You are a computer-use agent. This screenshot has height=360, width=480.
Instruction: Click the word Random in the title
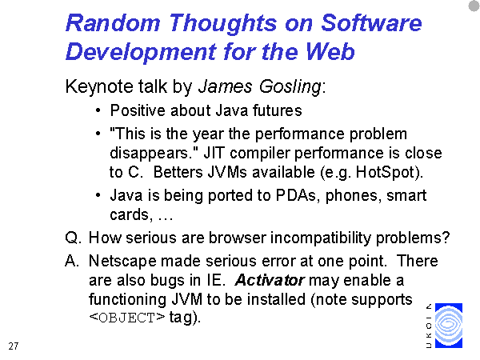[113, 23]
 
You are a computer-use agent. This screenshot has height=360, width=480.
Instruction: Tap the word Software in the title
[371, 23]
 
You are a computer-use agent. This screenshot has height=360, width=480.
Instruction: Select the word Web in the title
[330, 51]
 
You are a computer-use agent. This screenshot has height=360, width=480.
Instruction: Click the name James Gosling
[260, 86]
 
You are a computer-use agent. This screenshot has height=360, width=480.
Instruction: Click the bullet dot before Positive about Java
[98, 110]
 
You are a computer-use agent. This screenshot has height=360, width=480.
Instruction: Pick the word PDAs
[296, 195]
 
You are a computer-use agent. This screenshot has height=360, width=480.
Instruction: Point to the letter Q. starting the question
[73, 238]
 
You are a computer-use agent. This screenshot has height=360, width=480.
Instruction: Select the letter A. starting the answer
[72, 261]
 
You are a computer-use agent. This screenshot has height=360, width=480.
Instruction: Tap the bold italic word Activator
[270, 280]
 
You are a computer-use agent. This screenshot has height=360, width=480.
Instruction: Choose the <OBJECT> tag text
[127, 318]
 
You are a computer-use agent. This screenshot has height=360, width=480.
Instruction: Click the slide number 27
[14, 346]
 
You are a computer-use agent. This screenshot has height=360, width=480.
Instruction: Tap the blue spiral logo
[449, 326]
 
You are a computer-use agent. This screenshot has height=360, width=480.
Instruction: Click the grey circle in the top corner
[474, 6]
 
